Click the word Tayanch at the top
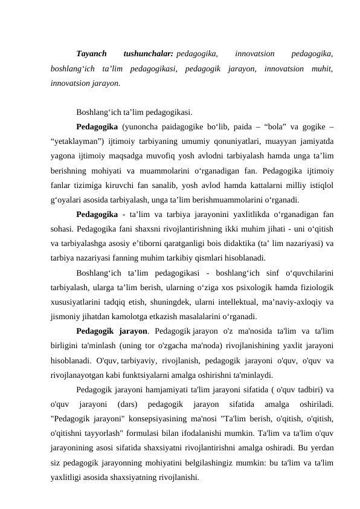[x=92, y=53]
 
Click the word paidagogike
[x=184, y=128]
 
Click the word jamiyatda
[x=313, y=141]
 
